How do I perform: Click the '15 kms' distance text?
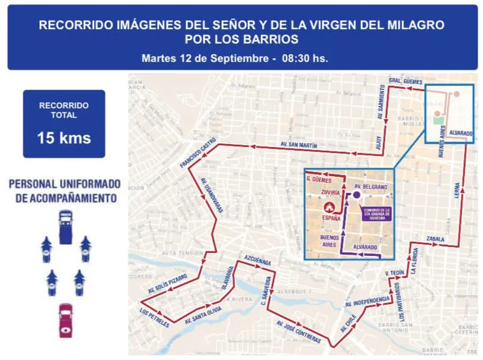[x=64, y=138]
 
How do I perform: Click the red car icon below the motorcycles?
[x=65, y=321]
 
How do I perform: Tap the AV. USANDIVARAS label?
[x=211, y=195]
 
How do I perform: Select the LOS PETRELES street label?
[x=155, y=318]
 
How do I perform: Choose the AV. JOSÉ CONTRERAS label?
[x=298, y=332]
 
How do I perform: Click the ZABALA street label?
[x=435, y=239]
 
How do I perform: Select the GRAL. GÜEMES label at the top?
[x=405, y=81]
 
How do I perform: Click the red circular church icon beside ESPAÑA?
[x=328, y=207]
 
